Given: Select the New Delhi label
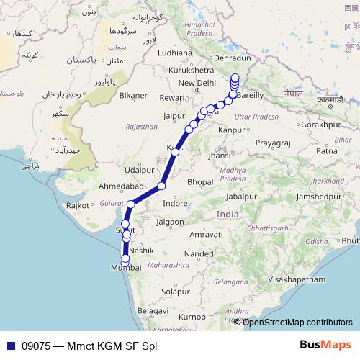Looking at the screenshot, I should pyautogui.click(x=197, y=83).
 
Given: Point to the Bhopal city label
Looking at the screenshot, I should pyautogui.click(x=200, y=182).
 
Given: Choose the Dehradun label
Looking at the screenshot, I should pyautogui.click(x=233, y=58).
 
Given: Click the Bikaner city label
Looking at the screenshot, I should pyautogui.click(x=133, y=95).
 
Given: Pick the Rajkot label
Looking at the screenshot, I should pyautogui.click(x=77, y=205).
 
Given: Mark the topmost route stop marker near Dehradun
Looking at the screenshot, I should pyautogui.click(x=235, y=78).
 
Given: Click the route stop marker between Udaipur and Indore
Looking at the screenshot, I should pyautogui.click(x=161, y=186).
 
